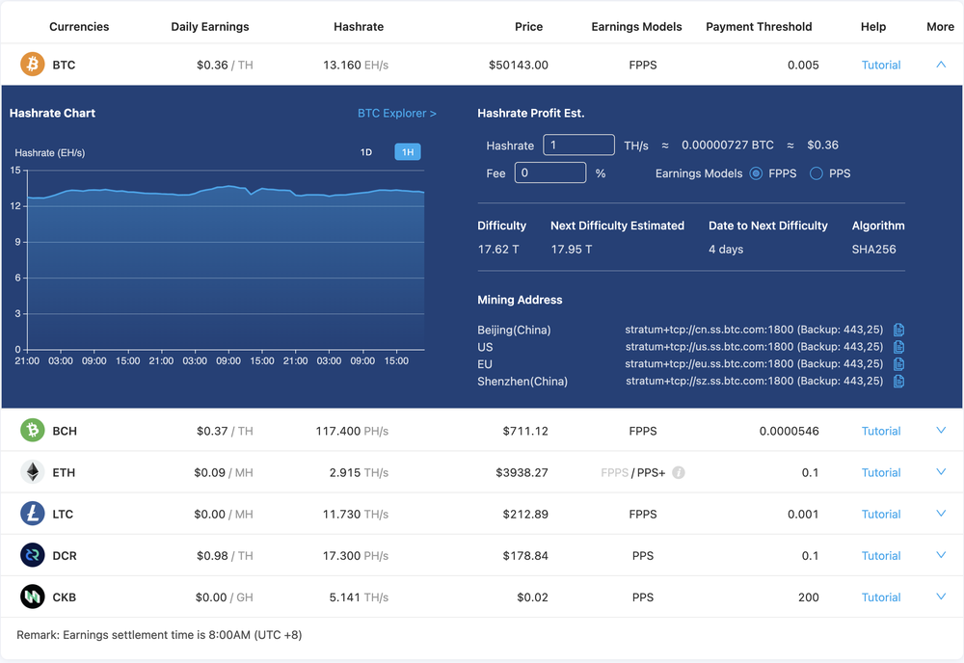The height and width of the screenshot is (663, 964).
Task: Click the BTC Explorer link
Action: pyautogui.click(x=396, y=113)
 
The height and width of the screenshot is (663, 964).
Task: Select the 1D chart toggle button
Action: pyautogui.click(x=366, y=152)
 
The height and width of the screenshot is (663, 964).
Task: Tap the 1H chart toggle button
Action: pyautogui.click(x=407, y=152)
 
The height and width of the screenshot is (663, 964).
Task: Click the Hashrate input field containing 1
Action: pyautogui.click(x=578, y=146)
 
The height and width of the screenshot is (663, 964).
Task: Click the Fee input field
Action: pyautogui.click(x=549, y=173)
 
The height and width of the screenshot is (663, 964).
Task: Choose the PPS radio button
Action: pyautogui.click(x=817, y=173)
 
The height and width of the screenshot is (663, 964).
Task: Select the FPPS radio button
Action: pyautogui.click(x=756, y=173)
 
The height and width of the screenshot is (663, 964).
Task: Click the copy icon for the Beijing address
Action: pyautogui.click(x=898, y=330)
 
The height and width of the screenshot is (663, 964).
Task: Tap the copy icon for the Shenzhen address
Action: pyautogui.click(x=898, y=381)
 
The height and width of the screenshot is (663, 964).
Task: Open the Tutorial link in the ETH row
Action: pyautogui.click(x=881, y=472)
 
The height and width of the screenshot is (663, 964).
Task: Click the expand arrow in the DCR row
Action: pyautogui.click(x=941, y=555)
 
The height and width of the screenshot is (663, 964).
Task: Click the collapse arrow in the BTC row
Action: pyautogui.click(x=941, y=65)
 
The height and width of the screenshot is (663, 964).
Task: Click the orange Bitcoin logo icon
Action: pyautogui.click(x=33, y=65)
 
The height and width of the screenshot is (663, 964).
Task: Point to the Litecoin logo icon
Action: pyautogui.click(x=33, y=514)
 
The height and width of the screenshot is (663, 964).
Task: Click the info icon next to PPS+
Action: pyautogui.click(x=679, y=472)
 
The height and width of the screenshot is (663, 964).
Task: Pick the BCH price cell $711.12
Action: pyautogui.click(x=525, y=431)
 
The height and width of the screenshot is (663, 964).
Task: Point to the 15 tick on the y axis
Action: pyautogui.click(x=15, y=171)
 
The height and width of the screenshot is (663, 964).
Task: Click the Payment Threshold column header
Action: pyautogui.click(x=759, y=27)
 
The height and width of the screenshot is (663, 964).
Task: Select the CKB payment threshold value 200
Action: pyautogui.click(x=808, y=597)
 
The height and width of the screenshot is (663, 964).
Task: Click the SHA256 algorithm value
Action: pyautogui.click(x=873, y=249)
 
